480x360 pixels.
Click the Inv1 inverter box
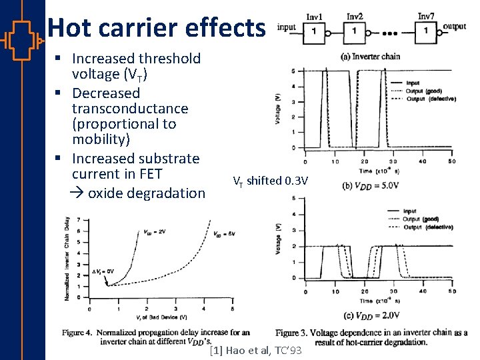pyautogui.click(x=315, y=31)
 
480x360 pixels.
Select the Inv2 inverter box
pyautogui.click(x=355, y=31)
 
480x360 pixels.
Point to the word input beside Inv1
pyautogui.click(x=286, y=27)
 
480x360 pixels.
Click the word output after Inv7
pyautogui.click(x=455, y=26)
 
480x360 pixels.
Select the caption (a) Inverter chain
pyautogui.click(x=370, y=56)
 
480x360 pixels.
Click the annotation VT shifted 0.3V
pyautogui.click(x=269, y=181)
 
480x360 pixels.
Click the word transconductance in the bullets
pyautogui.click(x=130, y=109)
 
